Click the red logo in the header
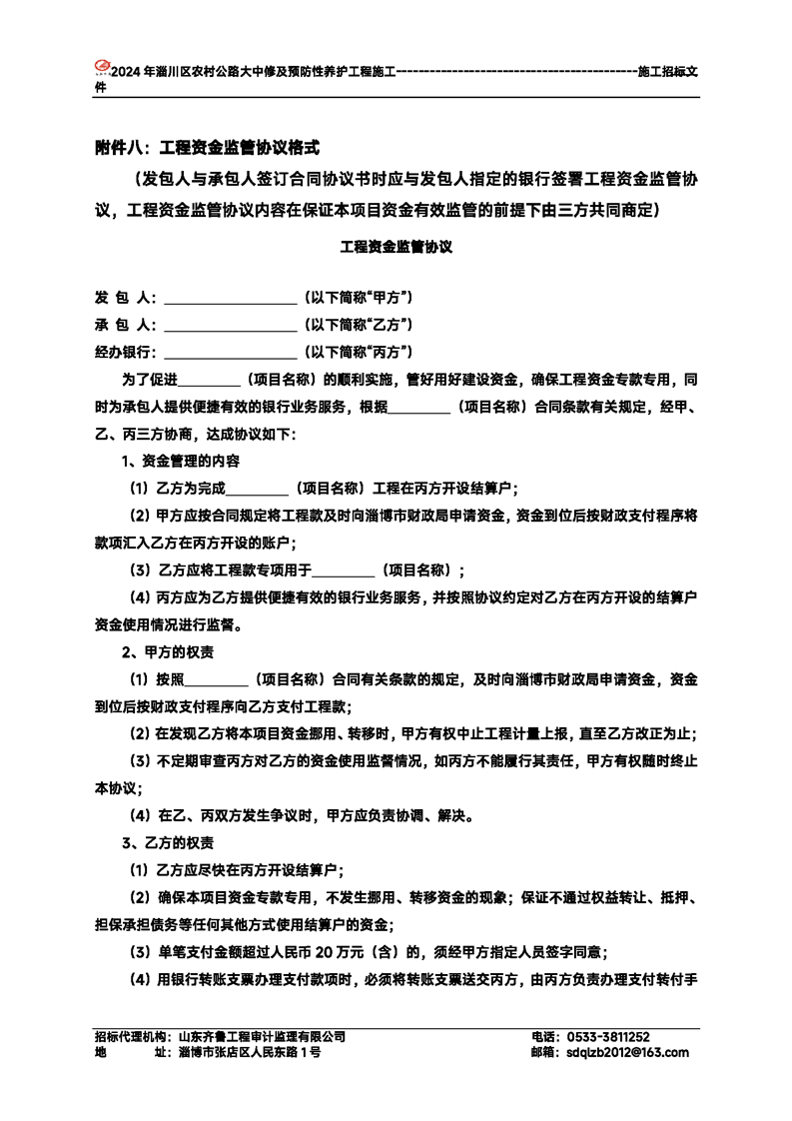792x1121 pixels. [x=100, y=69]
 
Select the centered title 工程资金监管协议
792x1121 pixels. [x=396, y=246]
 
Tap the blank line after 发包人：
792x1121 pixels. [x=230, y=299]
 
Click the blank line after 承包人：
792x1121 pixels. [x=230, y=326]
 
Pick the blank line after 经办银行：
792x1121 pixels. [x=230, y=353]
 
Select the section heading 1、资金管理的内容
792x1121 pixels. [x=180, y=462]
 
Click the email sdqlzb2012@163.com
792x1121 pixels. [x=627, y=1052]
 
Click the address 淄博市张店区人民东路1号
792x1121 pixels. [x=250, y=1052]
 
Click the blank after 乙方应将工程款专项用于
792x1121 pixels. [x=345, y=570]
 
